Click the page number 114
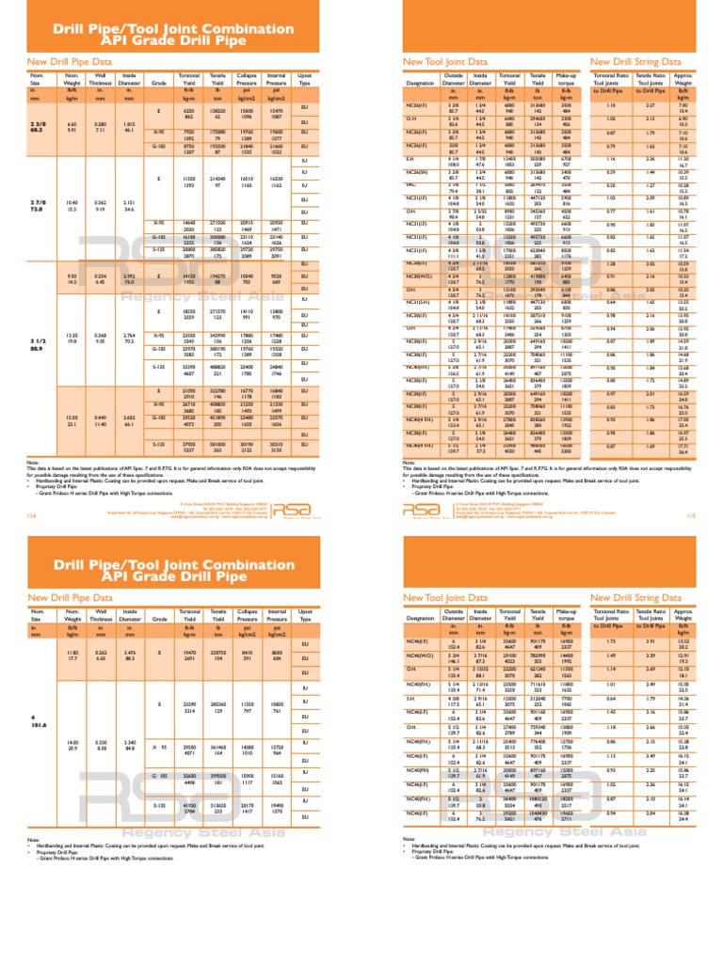coord(9,462)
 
